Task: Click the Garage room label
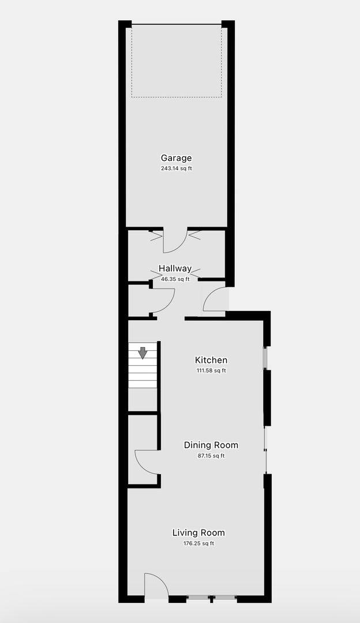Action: pos(176,158)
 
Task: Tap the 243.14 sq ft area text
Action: pos(176,168)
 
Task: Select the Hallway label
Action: pos(175,269)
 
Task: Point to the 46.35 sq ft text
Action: pos(175,279)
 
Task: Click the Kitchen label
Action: pos(211,360)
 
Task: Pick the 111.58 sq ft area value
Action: pos(211,371)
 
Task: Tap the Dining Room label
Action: pos(211,445)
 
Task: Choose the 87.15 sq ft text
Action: pos(211,456)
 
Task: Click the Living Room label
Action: pos(198,533)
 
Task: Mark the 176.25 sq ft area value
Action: pos(198,543)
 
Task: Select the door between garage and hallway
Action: pos(175,241)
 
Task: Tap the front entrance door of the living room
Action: pos(157,585)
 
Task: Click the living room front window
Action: pos(212,596)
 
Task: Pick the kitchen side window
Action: pos(265,358)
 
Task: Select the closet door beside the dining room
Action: pos(148,461)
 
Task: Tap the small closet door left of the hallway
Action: pos(163,301)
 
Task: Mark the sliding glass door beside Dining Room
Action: pos(265,450)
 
